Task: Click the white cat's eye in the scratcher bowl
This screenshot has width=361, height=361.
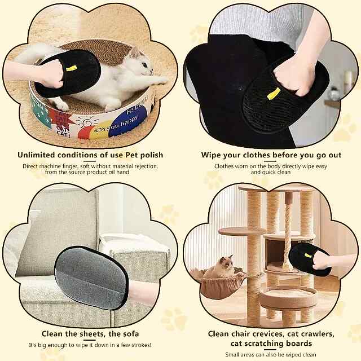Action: (144, 65)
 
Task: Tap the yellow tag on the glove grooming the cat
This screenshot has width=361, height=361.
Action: (72, 68)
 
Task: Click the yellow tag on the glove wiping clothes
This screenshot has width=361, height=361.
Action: (274, 94)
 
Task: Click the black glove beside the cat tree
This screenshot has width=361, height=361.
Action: (309, 259)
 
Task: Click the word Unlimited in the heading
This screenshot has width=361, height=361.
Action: (36, 155)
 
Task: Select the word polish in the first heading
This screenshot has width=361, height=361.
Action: (152, 155)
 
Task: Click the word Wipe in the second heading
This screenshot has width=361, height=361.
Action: (210, 155)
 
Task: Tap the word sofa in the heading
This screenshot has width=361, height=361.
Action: (130, 334)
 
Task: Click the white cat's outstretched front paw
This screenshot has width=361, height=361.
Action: (159, 80)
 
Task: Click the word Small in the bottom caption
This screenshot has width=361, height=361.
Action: (232, 354)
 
